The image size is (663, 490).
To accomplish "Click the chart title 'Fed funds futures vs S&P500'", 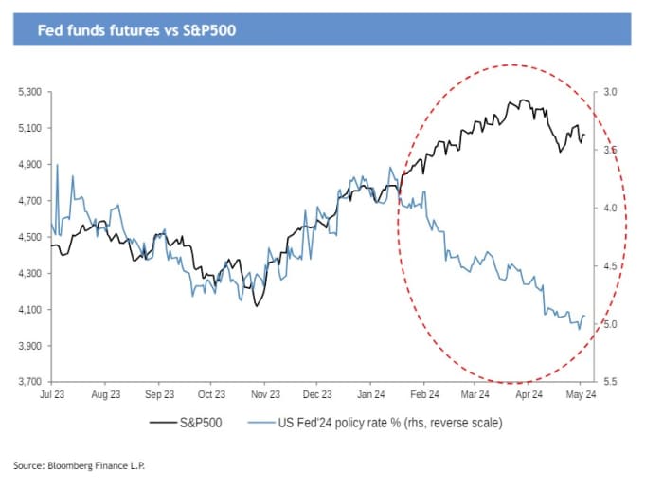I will [x=136, y=30].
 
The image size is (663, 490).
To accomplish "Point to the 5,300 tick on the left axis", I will [x=30, y=92].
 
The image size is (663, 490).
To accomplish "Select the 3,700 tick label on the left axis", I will [x=30, y=382].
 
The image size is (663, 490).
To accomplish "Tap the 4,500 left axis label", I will [x=30, y=237].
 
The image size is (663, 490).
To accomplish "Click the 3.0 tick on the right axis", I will [x=610, y=92].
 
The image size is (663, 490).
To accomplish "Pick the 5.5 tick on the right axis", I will [x=610, y=381].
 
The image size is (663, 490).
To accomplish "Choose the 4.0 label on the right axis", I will [x=610, y=209].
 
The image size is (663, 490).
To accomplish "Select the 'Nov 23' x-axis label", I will [x=265, y=394].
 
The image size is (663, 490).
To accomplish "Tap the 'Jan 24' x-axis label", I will [x=370, y=394].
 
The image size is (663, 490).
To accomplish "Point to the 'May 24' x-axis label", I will [x=581, y=394].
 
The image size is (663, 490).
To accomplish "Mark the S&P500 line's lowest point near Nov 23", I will [x=256, y=305].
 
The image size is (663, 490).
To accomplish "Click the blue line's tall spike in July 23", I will [x=58, y=165].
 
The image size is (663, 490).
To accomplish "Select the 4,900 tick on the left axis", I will [x=30, y=165].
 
